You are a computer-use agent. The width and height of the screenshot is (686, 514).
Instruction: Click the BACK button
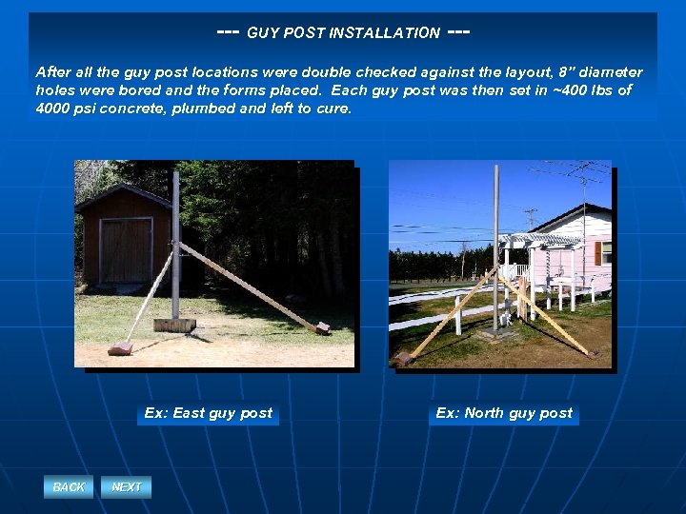click(69, 487)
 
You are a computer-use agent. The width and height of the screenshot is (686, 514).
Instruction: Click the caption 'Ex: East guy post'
click(209, 413)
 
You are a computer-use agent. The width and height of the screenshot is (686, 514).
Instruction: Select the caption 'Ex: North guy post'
click(504, 413)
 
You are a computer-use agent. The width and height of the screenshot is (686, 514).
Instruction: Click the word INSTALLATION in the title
click(384, 33)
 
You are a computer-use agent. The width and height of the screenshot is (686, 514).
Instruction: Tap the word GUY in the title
click(263, 33)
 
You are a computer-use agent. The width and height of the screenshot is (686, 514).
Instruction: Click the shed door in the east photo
click(126, 249)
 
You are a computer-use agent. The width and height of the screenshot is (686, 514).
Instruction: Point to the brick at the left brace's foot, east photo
click(120, 347)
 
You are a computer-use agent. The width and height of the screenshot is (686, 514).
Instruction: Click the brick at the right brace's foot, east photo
click(323, 327)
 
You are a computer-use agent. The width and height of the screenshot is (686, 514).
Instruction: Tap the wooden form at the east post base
click(174, 325)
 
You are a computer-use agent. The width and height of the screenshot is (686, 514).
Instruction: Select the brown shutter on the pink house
click(598, 252)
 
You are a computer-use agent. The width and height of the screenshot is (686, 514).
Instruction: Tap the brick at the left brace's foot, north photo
click(403, 358)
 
